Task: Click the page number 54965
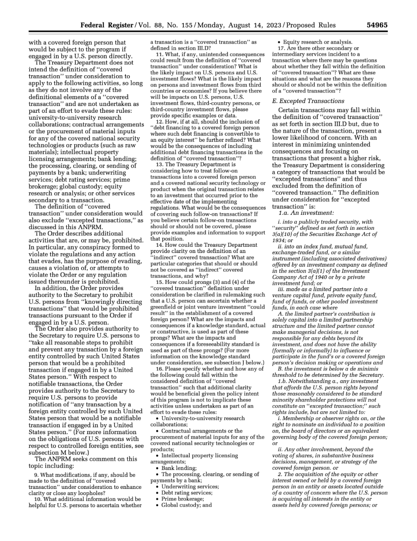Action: point(376,25)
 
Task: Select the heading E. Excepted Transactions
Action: point(308,101)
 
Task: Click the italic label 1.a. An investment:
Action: point(306,213)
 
